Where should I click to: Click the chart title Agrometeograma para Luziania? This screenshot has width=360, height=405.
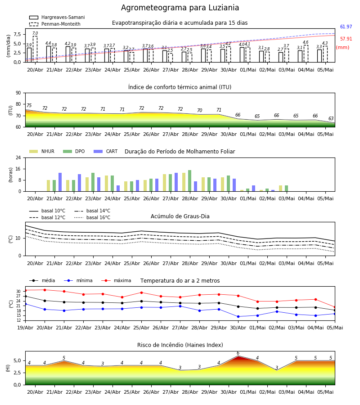[x=180, y=8]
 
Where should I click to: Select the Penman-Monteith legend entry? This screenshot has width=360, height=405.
[x=55, y=24]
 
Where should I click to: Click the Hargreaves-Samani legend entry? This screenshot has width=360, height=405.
[x=57, y=17]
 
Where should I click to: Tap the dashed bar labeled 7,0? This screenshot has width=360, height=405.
[x=35, y=49]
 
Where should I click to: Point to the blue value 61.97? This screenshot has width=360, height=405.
[x=346, y=27]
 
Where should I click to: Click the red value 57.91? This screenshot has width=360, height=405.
[x=346, y=39]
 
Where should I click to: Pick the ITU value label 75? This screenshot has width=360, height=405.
[x=29, y=105]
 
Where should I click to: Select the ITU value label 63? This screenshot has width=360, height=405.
[x=331, y=118]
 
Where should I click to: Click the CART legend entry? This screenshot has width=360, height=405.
[x=106, y=151]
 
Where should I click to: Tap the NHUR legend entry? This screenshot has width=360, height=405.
[x=42, y=151]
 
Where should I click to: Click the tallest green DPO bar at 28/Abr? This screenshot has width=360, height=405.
[x=189, y=181]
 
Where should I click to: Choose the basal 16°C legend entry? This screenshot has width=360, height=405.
[x=92, y=217]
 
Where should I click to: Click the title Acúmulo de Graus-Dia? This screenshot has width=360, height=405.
[x=180, y=216]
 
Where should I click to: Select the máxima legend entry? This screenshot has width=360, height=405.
[x=116, y=280]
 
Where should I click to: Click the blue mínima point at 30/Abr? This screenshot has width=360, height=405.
[x=238, y=316]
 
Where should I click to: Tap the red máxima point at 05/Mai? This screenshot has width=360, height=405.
[x=335, y=307]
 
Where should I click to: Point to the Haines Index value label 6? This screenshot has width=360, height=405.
[x=238, y=353]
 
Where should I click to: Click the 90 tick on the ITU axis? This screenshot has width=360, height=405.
[x=18, y=93]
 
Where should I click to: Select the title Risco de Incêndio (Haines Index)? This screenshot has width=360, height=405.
[x=180, y=345]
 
